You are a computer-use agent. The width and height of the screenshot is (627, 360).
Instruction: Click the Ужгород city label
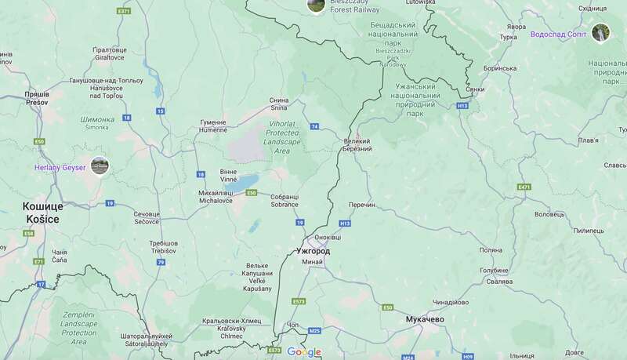313,252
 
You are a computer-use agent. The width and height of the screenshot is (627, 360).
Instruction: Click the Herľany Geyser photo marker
100,165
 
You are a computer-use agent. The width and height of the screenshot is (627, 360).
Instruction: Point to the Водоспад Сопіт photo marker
601,33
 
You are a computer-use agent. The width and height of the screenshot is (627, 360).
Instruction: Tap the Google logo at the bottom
304,352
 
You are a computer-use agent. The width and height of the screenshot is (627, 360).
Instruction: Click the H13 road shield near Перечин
346,224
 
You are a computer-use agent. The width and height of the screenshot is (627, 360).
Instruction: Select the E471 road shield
524,187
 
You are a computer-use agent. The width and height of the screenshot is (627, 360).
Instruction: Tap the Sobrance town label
284,201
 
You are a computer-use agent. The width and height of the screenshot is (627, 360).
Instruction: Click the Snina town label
279,104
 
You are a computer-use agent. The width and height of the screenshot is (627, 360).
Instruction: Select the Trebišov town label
164,247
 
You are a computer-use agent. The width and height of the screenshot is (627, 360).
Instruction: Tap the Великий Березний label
357,145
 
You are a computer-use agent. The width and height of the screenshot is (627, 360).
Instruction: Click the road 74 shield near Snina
314,126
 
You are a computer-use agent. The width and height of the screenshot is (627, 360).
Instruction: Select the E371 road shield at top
123,12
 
